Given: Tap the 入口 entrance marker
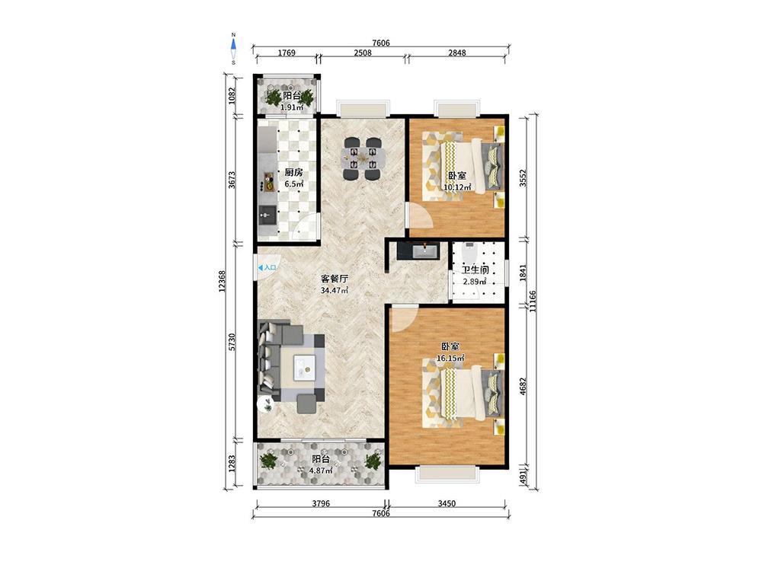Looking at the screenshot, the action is (x=267, y=267).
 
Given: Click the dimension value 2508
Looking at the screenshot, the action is (x=363, y=53).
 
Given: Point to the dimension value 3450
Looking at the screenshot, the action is (x=447, y=503).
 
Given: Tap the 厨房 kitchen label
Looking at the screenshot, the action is (x=294, y=172).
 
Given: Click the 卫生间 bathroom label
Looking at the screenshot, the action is (x=475, y=270).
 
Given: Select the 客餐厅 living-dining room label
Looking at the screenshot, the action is (x=335, y=279).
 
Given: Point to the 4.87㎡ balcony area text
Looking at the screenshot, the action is (x=321, y=470).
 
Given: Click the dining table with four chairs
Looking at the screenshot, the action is (x=362, y=158).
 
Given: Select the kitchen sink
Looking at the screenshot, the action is (x=267, y=214).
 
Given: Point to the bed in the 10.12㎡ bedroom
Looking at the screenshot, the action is (x=466, y=165).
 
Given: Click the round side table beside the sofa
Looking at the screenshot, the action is (x=265, y=404).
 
